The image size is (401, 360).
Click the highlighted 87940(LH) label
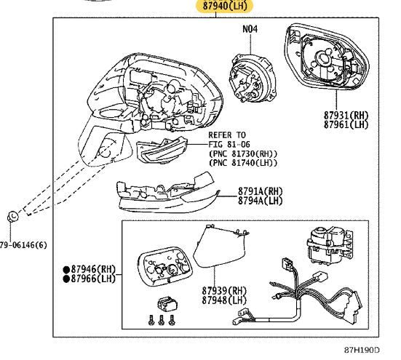point(225,6)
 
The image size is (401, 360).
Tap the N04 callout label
point(250,29)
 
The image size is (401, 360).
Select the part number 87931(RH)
point(346,115)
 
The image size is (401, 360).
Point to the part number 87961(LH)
point(346,124)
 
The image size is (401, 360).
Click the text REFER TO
point(227,135)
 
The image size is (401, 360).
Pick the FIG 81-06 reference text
point(229,144)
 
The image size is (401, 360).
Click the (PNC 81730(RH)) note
point(243,153)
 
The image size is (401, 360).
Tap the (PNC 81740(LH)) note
point(243,163)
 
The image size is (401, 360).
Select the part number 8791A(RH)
point(260,191)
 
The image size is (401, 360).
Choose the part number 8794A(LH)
point(260,201)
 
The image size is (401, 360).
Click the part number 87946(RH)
point(93,269)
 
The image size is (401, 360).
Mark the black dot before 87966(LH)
point(66,279)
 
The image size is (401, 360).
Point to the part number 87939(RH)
point(224,290)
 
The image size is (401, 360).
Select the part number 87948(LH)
point(224,300)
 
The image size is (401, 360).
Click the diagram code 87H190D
point(362,350)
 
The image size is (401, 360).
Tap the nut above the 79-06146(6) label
point(12,217)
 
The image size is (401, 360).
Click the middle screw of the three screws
point(161,320)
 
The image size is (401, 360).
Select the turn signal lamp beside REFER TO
point(162,150)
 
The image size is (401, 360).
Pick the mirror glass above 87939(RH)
point(221,246)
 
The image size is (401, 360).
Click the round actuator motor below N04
point(252,78)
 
